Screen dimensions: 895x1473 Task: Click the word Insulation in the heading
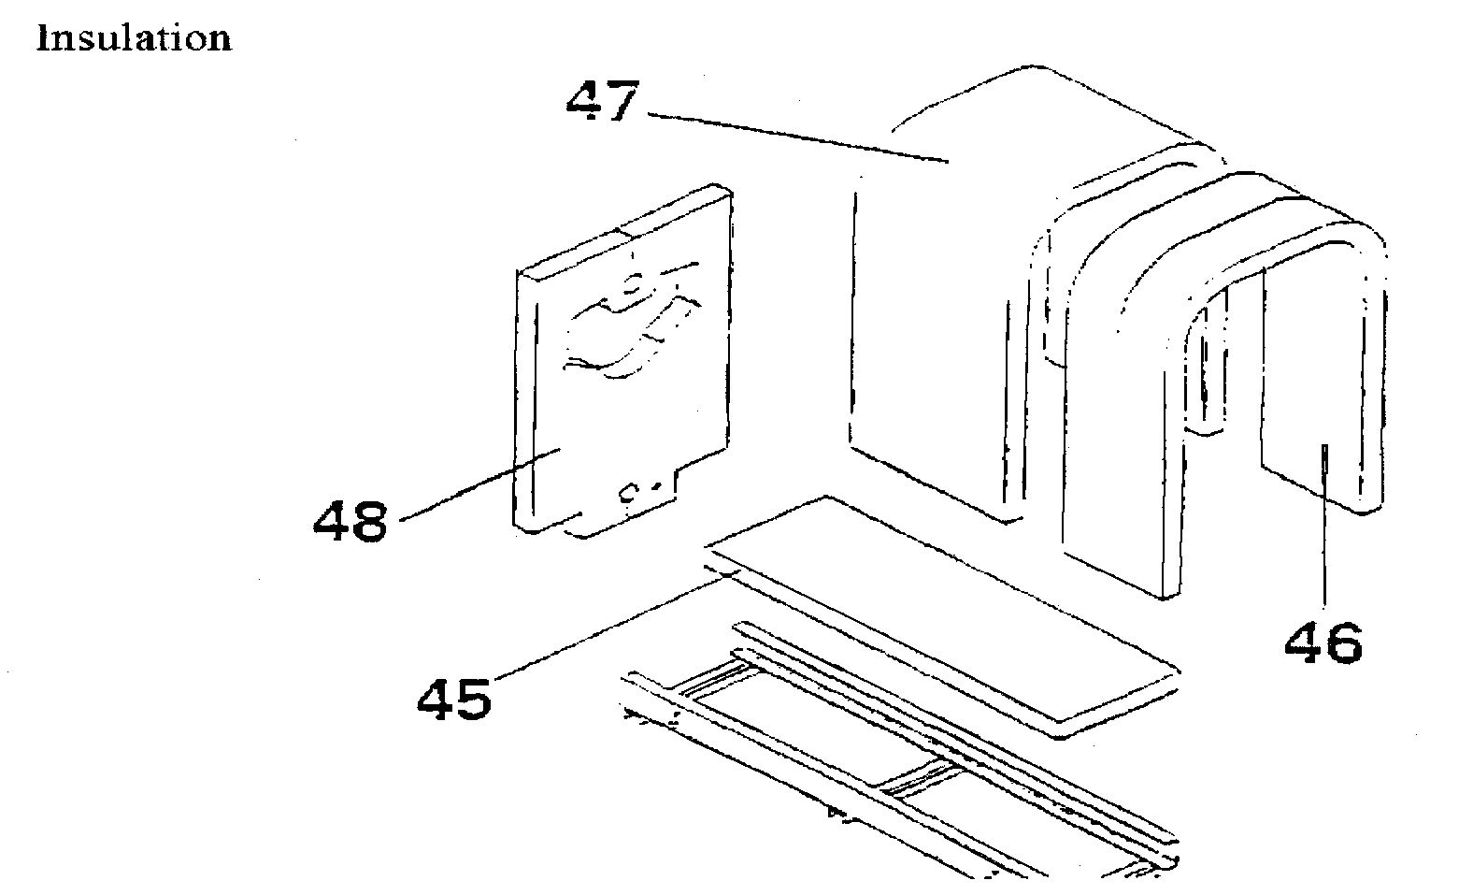[x=134, y=38]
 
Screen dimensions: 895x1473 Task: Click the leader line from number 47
[x=794, y=137]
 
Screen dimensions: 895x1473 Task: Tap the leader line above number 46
[x=1323, y=533]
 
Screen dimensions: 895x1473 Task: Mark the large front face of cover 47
[x=925, y=327]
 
